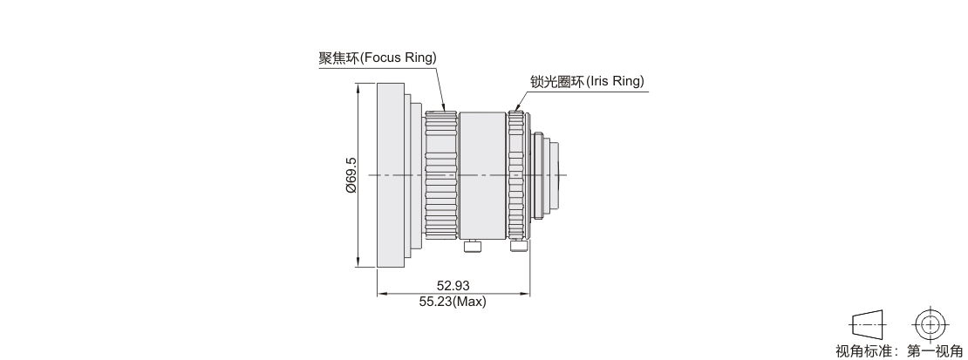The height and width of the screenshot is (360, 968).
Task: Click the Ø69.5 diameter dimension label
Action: [350, 175]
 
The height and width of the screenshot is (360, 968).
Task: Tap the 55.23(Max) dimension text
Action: [453, 302]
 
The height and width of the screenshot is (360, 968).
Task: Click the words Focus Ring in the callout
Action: [398, 58]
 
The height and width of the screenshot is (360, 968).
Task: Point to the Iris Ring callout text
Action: [614, 82]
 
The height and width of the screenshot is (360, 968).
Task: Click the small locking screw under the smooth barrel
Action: [472, 247]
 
